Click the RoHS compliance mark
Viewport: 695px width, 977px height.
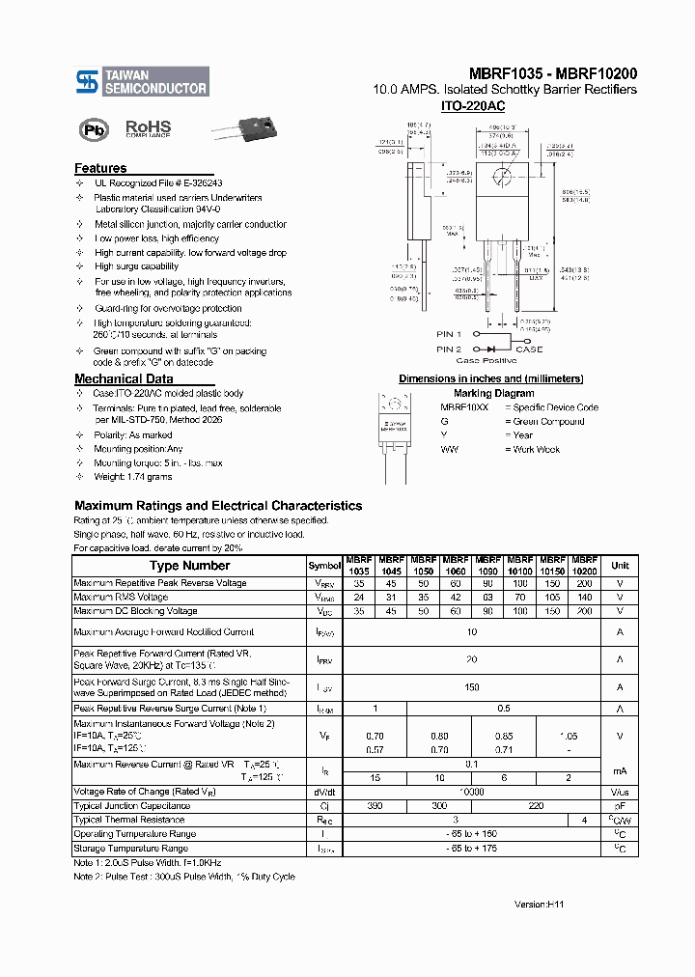click(x=148, y=128)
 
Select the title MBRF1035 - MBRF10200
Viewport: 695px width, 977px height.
click(x=553, y=73)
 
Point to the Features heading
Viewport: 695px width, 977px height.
click(x=100, y=168)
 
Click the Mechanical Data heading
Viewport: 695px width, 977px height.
click(x=124, y=379)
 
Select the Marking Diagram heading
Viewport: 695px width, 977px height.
click(x=493, y=393)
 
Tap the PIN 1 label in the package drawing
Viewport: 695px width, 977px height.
click(x=449, y=334)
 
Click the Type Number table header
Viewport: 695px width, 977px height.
click(x=189, y=566)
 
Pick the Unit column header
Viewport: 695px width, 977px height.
click(x=620, y=566)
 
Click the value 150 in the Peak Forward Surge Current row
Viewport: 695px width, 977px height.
click(x=472, y=687)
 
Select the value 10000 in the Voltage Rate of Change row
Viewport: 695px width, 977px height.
click(x=472, y=791)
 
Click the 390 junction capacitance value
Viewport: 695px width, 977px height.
click(x=375, y=805)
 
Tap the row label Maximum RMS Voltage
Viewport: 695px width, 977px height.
click(x=121, y=597)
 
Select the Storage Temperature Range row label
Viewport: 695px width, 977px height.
click(x=130, y=849)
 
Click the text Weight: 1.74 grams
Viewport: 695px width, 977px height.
click(x=133, y=477)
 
